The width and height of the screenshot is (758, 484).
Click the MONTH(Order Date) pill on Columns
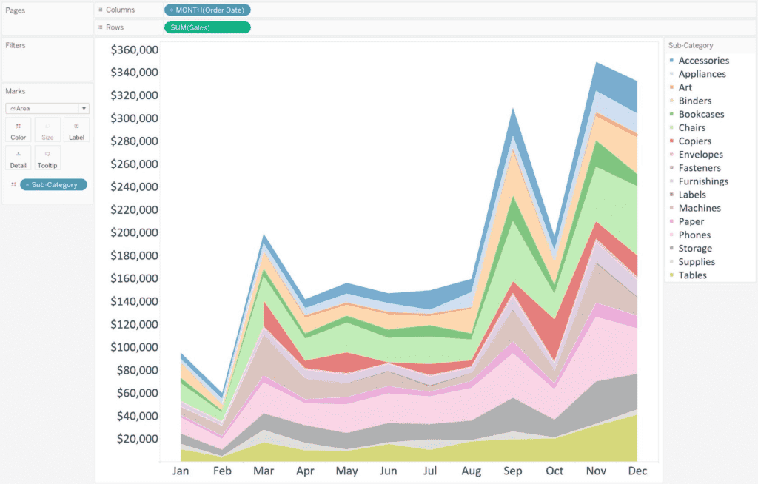[207, 10]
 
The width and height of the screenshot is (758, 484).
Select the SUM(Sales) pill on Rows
[207, 27]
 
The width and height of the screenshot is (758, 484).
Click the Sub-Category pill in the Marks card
[53, 184]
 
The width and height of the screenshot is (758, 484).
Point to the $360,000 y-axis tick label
[134, 50]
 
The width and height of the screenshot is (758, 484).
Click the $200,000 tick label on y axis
[134, 232]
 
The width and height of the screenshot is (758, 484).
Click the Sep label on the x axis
[512, 471]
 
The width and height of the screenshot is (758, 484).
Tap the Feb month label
[222, 471]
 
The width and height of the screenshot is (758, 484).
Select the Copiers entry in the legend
[694, 141]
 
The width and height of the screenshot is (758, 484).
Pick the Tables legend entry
[692, 275]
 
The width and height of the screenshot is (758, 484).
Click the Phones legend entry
[694, 235]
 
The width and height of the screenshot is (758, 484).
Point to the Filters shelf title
[16, 45]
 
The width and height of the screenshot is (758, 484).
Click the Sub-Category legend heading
[690, 45]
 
